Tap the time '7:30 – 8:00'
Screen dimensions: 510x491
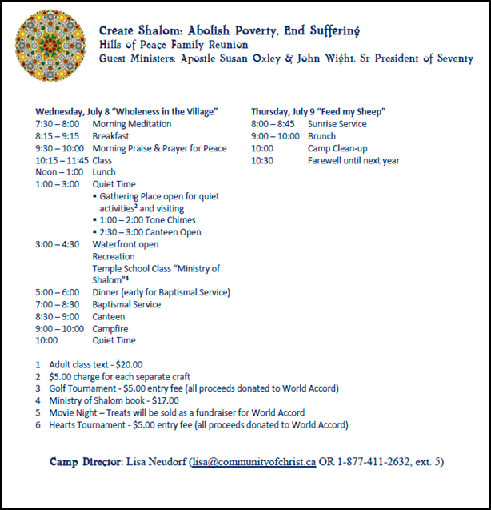tap(58, 124)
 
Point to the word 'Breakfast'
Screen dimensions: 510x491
tap(112, 136)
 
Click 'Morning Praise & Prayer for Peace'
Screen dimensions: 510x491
tap(159, 148)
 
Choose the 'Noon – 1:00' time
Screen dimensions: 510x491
tap(58, 172)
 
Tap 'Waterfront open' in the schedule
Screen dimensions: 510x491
tap(125, 244)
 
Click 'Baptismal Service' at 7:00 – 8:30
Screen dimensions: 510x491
tap(126, 304)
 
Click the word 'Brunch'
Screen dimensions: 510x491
tap(321, 136)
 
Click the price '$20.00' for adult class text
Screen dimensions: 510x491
tap(129, 364)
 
